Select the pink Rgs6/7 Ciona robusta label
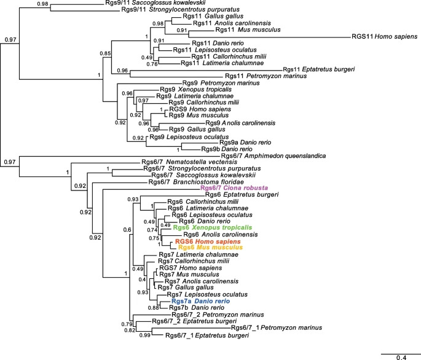click(192, 189)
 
